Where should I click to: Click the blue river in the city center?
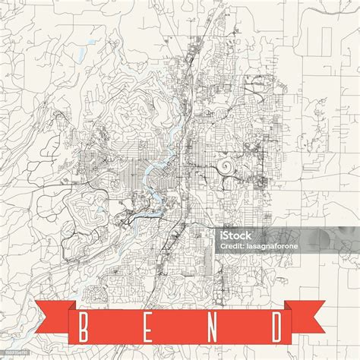[156, 175]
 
